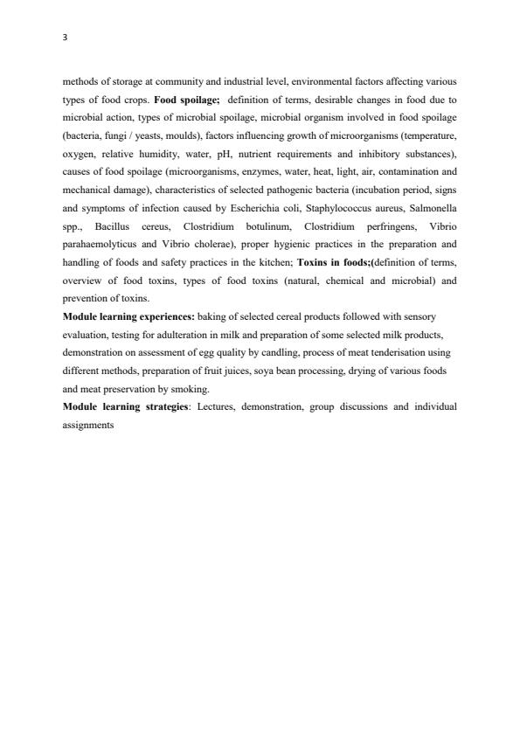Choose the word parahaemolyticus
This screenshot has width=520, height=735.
(x=96, y=244)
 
